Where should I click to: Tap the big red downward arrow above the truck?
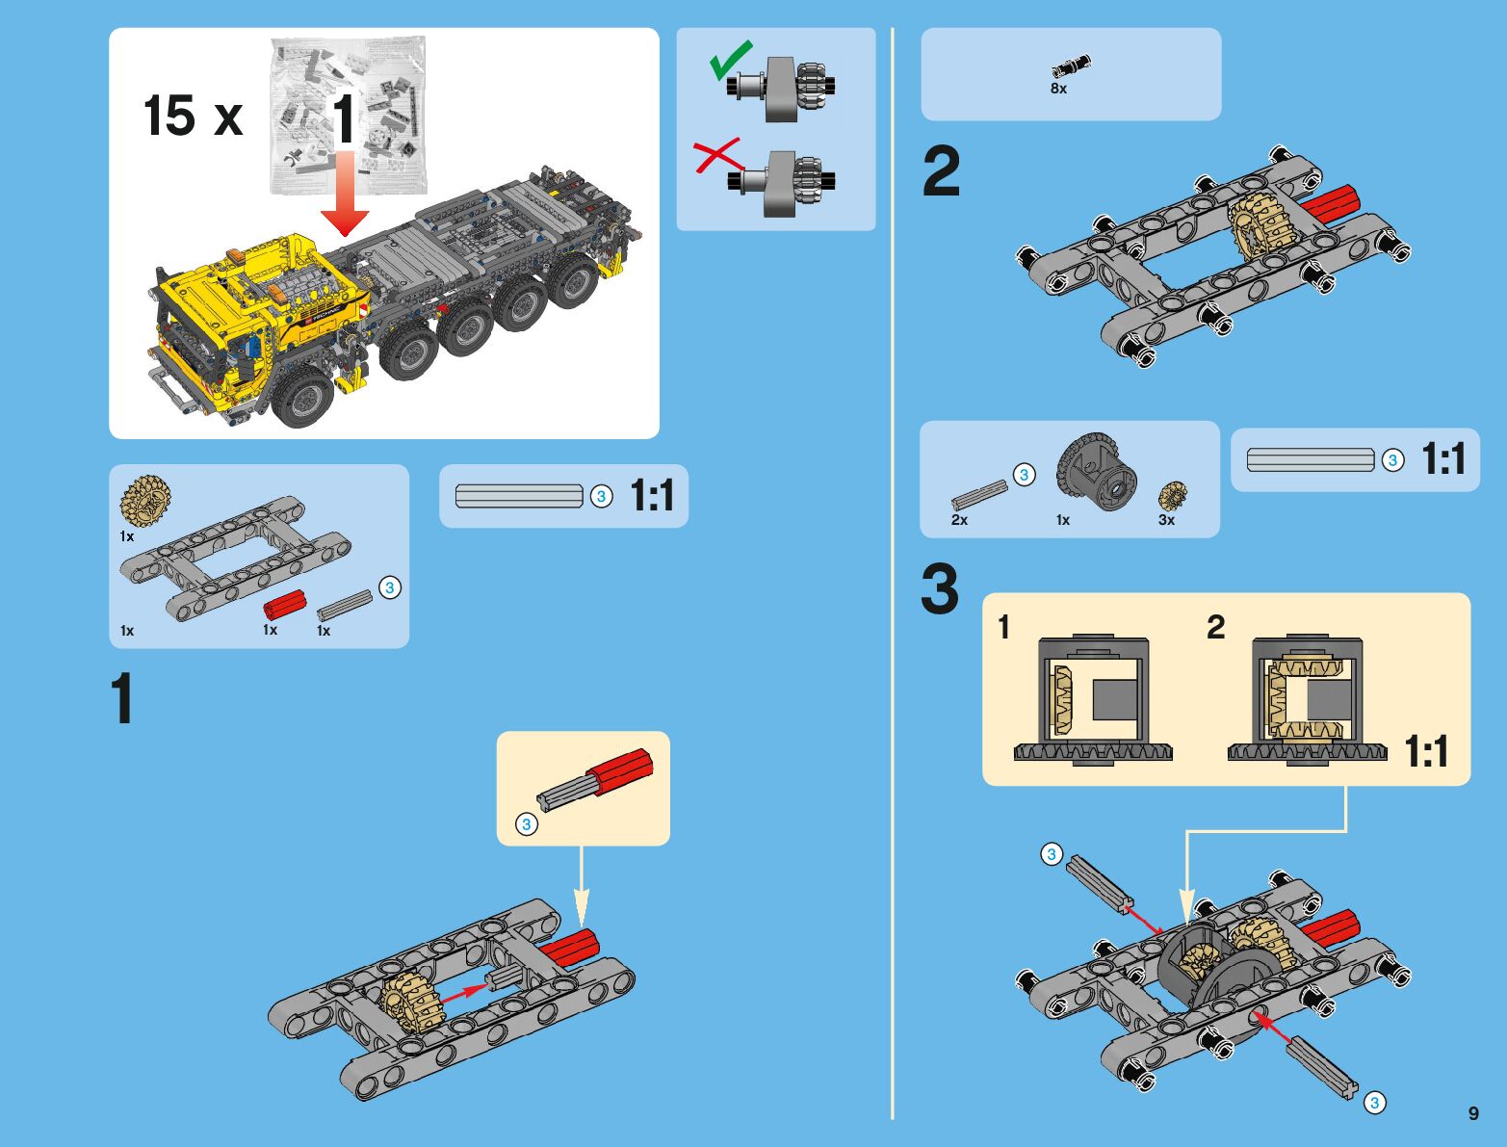345,195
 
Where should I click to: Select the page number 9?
1473,1113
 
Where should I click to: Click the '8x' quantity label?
1058,89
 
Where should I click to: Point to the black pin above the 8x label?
1071,65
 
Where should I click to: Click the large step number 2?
942,171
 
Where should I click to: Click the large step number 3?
940,589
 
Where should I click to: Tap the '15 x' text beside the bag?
194,116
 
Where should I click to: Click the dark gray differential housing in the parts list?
1096,472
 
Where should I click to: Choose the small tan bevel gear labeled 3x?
1173,496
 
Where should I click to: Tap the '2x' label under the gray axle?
959,520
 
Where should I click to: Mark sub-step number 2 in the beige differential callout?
1216,627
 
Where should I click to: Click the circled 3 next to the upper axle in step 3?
1052,854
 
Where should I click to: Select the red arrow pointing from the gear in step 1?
465,993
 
